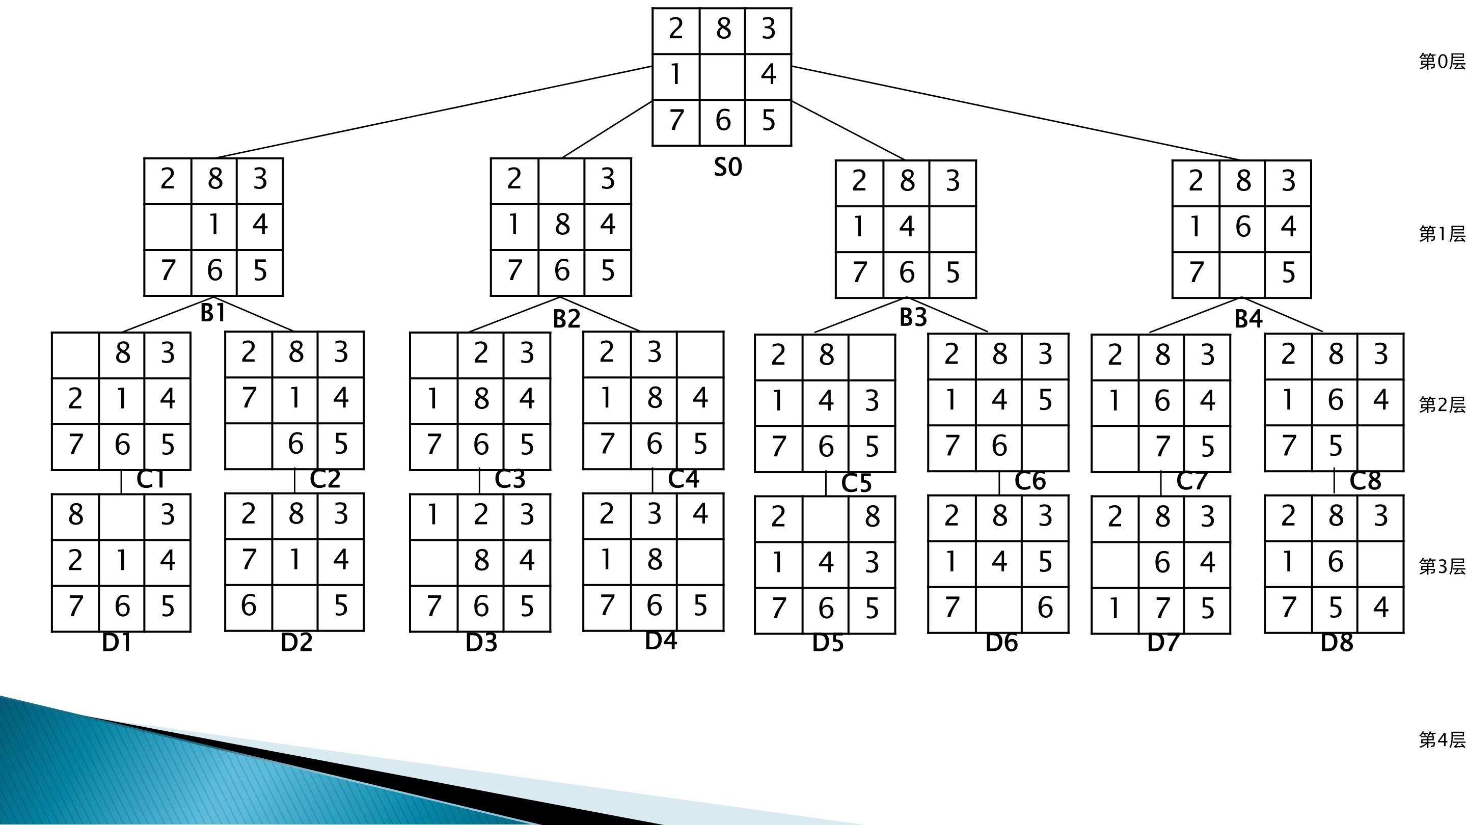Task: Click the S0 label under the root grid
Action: tap(728, 168)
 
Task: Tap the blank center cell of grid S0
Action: tap(722, 77)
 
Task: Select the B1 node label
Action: tap(213, 313)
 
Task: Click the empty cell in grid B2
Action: tap(561, 182)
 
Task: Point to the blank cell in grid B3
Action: tap(953, 229)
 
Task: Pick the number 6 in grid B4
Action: tap(1243, 227)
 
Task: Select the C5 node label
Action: tap(856, 483)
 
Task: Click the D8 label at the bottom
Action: tap(1337, 643)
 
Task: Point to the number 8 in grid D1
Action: tap(76, 515)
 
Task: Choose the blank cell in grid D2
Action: tap(295, 608)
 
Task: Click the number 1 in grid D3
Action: tap(433, 515)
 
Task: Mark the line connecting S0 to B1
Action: tap(434, 112)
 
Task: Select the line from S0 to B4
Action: tap(1017, 113)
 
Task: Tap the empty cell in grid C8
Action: tap(1380, 448)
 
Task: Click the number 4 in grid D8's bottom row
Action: tap(1381, 608)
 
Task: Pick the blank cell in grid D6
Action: tap(999, 610)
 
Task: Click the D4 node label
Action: tap(661, 641)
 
